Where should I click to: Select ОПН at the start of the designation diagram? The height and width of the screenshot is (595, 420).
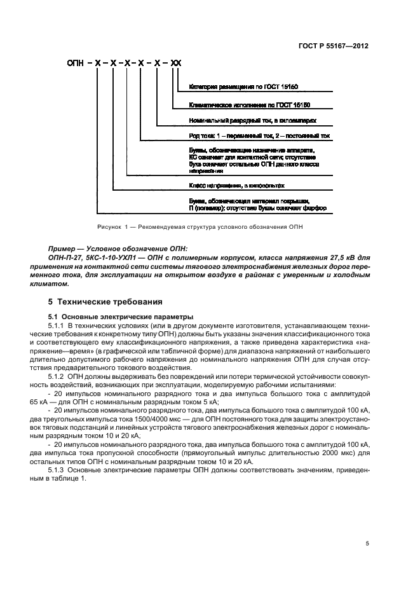(76, 64)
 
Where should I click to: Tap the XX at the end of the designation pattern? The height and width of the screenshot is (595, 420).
(176, 64)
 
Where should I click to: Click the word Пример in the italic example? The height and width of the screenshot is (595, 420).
(62, 247)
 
